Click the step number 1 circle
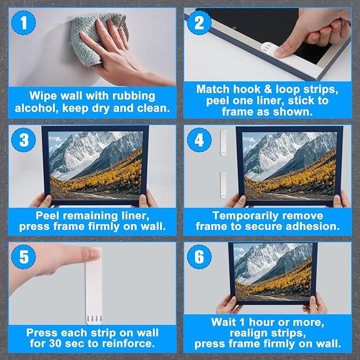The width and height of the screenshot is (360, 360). click(23, 22)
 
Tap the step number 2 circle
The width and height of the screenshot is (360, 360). click(199, 22)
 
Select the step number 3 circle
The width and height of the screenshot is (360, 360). click(23, 140)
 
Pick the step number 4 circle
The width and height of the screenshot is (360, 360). click(199, 140)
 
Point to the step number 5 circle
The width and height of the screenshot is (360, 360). click(23, 256)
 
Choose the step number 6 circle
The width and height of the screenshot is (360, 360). click(199, 256)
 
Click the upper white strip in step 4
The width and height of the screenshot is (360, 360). click(223, 142)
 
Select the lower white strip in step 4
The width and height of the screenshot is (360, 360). click(223, 185)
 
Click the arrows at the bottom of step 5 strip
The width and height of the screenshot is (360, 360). click(94, 318)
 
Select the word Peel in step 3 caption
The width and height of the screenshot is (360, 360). click(47, 215)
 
